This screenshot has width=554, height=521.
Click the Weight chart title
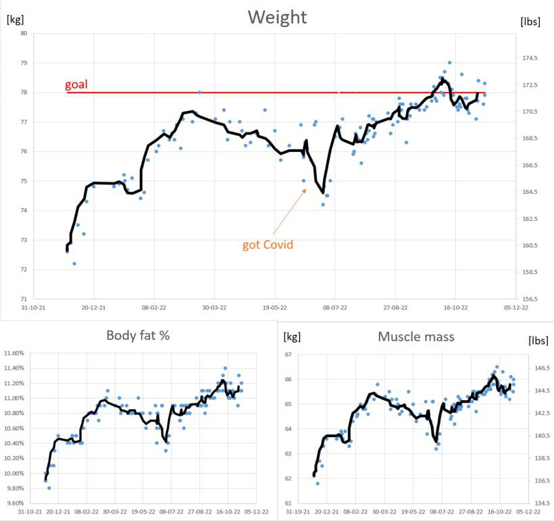(x=277, y=17)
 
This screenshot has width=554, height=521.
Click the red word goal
(x=76, y=85)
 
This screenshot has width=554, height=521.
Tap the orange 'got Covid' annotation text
(x=268, y=245)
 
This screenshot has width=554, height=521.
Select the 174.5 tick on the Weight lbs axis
(x=530, y=58)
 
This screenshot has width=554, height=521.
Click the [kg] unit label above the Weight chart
(x=16, y=19)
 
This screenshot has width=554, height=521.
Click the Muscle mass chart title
(x=415, y=337)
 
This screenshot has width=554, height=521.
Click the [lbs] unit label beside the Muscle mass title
(x=538, y=340)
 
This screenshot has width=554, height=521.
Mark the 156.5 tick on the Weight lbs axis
(x=530, y=299)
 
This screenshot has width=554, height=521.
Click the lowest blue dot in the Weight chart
(x=74, y=264)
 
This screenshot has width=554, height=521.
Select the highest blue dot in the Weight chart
(x=449, y=63)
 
